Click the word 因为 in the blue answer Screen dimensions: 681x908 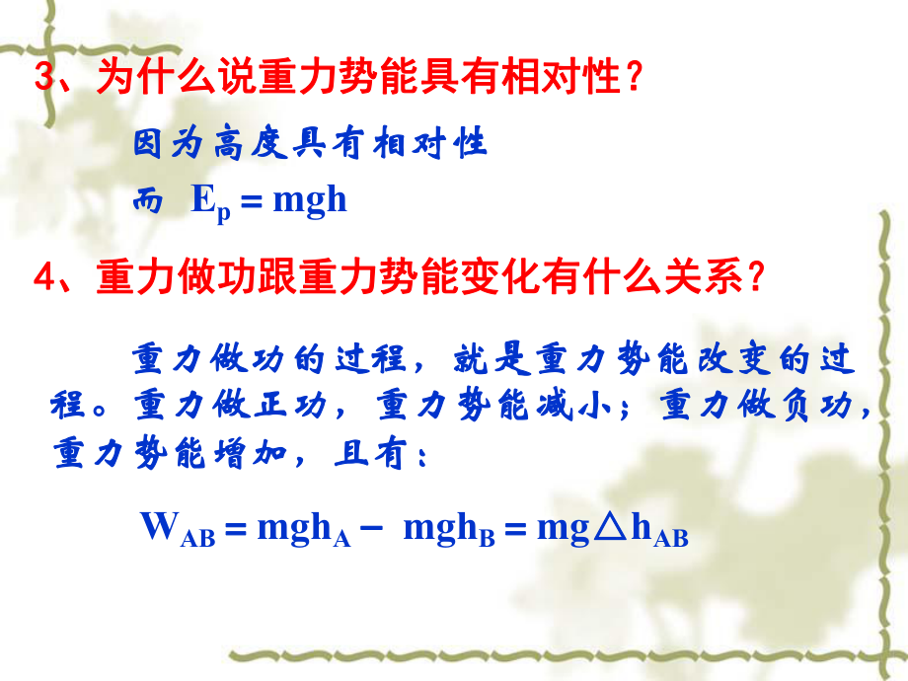click(x=166, y=144)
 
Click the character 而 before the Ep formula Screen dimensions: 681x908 click(x=148, y=201)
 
